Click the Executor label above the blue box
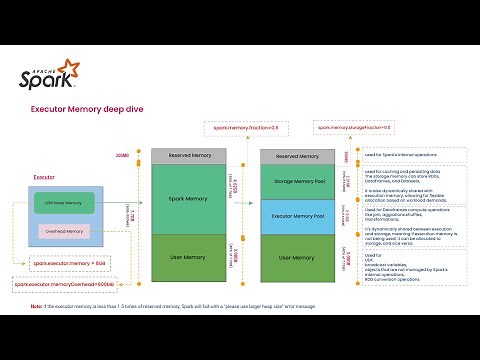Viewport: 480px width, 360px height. (44, 177)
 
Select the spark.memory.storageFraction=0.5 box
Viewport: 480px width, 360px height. (353, 127)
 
